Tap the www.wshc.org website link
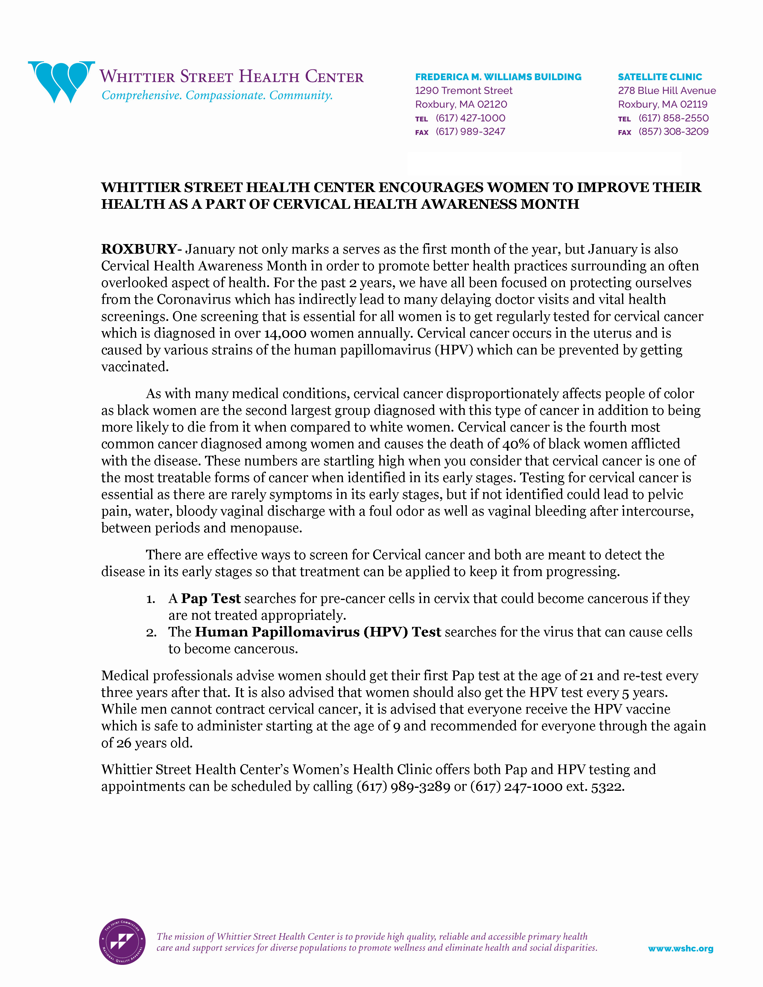click(680, 949)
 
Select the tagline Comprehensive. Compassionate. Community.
click(217, 95)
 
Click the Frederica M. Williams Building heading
click(498, 77)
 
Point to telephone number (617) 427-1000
click(470, 118)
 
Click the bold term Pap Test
click(211, 598)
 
